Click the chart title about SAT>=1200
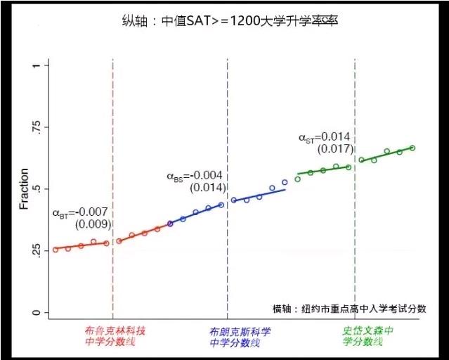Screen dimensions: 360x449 (230, 21)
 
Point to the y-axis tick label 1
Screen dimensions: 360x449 (37, 65)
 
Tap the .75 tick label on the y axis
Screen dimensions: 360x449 (37, 127)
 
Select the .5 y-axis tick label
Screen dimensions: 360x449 (37, 189)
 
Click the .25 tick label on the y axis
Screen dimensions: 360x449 (37, 251)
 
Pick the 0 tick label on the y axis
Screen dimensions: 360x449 (37, 313)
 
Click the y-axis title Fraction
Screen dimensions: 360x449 (24, 189)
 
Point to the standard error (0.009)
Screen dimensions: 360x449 (93, 224)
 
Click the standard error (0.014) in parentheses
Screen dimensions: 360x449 (207, 188)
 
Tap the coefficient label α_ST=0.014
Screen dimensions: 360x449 (325, 137)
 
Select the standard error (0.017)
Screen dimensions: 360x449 (334, 149)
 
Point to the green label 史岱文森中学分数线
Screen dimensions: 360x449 (367, 336)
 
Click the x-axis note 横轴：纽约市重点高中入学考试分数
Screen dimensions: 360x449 (349, 309)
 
